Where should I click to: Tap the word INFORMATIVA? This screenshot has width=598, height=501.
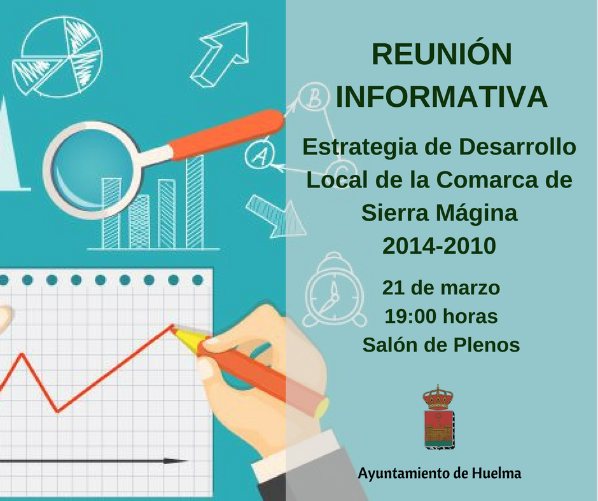pos(442,97)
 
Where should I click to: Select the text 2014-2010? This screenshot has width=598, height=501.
pos(440,245)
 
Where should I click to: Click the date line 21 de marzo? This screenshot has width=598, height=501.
pos(441,288)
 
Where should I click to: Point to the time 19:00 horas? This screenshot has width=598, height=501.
pos(441,317)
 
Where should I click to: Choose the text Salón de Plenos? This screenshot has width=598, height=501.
pos(441,345)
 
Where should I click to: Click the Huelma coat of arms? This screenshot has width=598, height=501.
pos(439,418)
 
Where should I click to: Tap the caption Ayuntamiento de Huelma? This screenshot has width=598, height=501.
pos(440,474)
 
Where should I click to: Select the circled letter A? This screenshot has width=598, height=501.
pos(260,154)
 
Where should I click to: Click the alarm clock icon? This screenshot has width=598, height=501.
pos(335,291)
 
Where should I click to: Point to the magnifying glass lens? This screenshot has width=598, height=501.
pos(94,169)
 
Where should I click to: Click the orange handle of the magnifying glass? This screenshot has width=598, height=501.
pos(226,134)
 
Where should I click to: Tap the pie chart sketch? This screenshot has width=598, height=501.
pos(57,57)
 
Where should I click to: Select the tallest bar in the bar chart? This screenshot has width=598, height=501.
pos(195,202)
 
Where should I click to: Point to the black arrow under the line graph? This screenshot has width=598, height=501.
pos(92,461)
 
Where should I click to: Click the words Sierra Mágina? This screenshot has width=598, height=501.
pos(440,214)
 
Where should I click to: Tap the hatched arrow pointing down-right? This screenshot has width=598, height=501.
pos(275,216)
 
